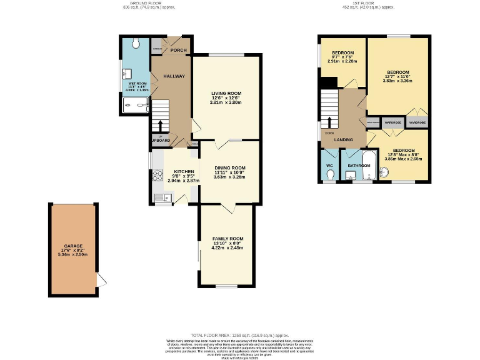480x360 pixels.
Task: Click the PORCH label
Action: point(178,51)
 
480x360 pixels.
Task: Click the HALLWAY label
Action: point(174,76)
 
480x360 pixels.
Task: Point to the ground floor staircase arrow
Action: point(160,124)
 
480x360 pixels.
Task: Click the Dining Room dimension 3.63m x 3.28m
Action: point(229,177)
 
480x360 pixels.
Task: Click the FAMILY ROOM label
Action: point(227,239)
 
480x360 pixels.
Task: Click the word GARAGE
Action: point(73,246)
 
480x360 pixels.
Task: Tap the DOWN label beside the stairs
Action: point(329,132)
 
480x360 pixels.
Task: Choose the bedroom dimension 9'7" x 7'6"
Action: point(342,57)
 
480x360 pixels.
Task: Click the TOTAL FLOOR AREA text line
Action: point(240,336)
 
